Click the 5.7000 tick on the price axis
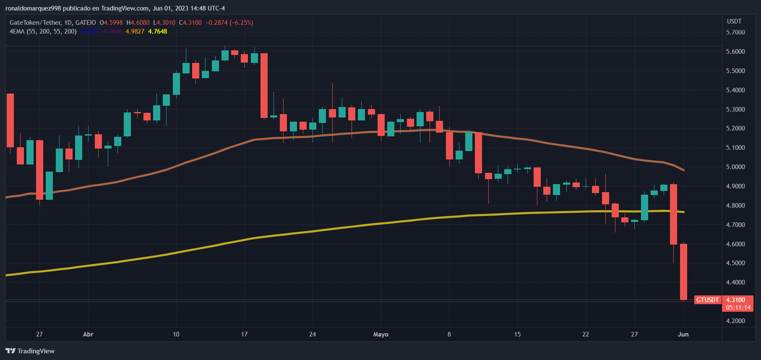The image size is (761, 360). pos(735,32)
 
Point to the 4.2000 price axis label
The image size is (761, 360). pos(735,321)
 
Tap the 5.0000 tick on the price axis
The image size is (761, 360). pos(735,167)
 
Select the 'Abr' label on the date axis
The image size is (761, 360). pos(88,334)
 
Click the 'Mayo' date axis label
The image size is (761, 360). pos(380,334)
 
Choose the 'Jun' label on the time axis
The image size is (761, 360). pos(683,334)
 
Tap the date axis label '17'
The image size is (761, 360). pos(244,334)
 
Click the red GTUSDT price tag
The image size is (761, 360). pos(707,300)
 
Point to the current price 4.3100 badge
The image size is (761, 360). pos(735,300)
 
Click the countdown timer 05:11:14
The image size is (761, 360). pos(738,308)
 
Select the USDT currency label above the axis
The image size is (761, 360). pos(734,21)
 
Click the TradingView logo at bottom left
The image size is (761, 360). pos(30,351)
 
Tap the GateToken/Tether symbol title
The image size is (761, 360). pos(35,23)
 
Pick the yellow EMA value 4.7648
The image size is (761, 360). pos(158,31)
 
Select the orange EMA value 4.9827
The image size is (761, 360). pos(135,31)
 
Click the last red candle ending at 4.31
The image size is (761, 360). pos(683,272)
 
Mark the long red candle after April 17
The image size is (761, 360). pos(264,86)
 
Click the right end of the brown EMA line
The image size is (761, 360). pos(684,170)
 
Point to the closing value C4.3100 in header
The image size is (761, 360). pos(190,23)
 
